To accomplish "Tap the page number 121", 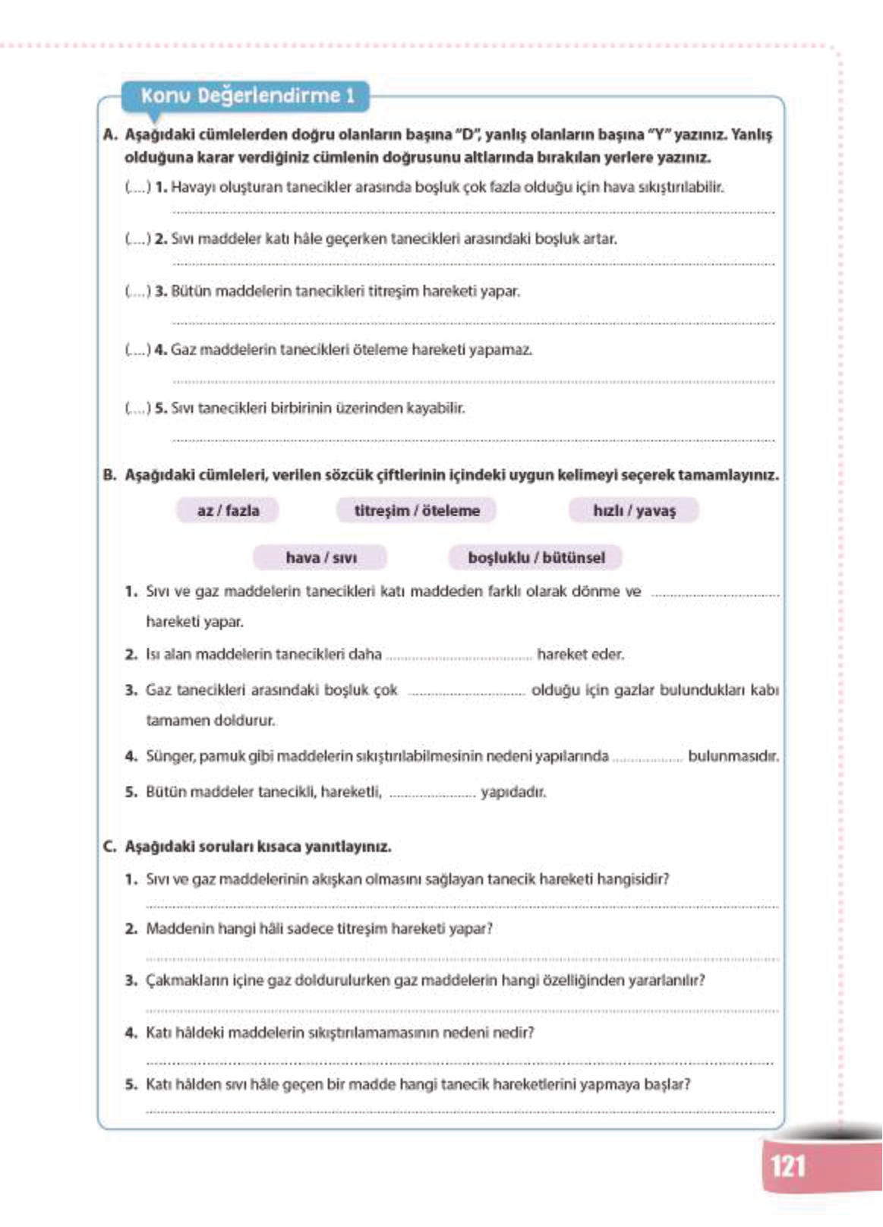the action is coord(787,1165).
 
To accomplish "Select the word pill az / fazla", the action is coord(228,511).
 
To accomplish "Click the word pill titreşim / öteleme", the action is coord(417,511).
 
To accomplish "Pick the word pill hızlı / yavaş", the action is coord(634,511).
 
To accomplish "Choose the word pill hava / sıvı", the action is coord(320,558).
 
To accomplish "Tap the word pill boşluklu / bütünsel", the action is coord(536,558).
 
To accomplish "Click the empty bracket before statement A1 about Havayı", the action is coord(138,188).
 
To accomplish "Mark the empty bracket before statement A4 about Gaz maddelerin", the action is coord(138,350).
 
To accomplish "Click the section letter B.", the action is coord(109,475).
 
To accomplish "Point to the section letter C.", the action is coord(109,847).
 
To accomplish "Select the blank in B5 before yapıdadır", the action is coord(432,793).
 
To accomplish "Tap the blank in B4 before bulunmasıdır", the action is coord(647,758).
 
